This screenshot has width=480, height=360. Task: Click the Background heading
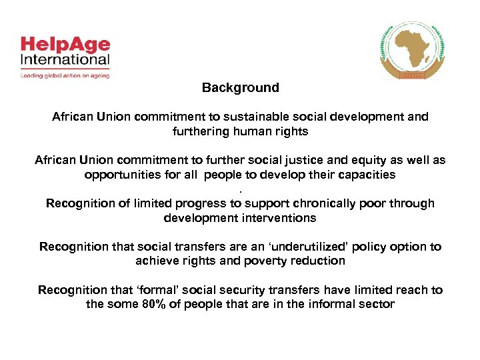tap(240, 87)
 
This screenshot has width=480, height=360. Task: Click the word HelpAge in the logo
tap(65, 45)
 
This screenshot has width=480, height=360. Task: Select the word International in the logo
tap(65, 59)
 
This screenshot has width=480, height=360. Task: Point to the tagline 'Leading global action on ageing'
tap(65, 75)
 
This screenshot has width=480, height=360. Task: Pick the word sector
tap(377, 304)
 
